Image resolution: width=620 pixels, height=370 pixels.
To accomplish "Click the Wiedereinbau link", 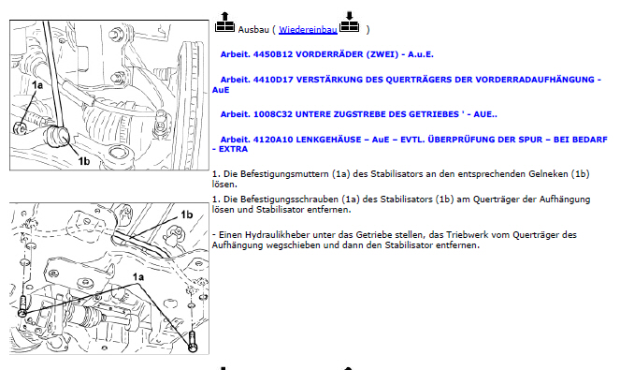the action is click(308, 30).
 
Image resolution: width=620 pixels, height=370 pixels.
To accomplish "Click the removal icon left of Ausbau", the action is click(224, 22).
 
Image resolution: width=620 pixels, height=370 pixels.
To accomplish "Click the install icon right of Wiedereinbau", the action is click(349, 22).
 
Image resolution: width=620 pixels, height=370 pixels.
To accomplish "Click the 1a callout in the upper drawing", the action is click(37, 85).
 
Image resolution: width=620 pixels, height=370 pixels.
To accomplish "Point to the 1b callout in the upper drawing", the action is click(84, 161).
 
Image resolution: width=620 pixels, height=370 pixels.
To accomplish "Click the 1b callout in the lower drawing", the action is click(187, 215).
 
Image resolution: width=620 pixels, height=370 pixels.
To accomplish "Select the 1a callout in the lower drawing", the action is click(138, 277).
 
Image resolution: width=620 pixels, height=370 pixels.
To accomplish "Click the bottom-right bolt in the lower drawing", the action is click(193, 341).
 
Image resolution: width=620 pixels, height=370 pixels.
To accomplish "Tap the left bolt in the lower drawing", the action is click(22, 306).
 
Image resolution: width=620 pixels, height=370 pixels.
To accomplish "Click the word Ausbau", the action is click(253, 30).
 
